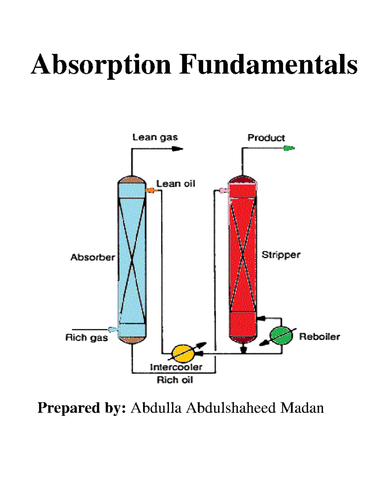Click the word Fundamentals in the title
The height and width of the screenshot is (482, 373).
pyautogui.click(x=269, y=65)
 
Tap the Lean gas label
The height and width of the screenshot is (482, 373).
pyautogui.click(x=155, y=137)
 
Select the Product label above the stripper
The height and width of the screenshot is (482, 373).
pyautogui.click(x=266, y=138)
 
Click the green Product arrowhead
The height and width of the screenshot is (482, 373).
pyautogui.click(x=289, y=148)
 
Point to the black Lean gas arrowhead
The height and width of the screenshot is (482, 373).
pyautogui.click(x=178, y=149)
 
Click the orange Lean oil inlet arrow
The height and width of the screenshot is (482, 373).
pyautogui.click(x=150, y=190)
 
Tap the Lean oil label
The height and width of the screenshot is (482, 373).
pyautogui.click(x=176, y=184)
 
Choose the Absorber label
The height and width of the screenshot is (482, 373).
pyautogui.click(x=93, y=257)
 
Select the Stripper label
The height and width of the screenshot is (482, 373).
pyautogui.click(x=281, y=255)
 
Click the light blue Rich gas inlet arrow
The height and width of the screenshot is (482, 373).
pyautogui.click(x=113, y=329)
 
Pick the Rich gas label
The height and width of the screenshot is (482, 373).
pyautogui.click(x=87, y=338)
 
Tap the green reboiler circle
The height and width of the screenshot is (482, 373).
pyautogui.click(x=281, y=336)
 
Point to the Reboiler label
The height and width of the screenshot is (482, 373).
pyautogui.click(x=320, y=337)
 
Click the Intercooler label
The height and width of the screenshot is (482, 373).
pyautogui.click(x=176, y=367)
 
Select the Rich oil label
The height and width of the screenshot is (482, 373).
pyautogui.click(x=175, y=380)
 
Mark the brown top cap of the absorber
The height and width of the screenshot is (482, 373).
pyautogui.click(x=132, y=180)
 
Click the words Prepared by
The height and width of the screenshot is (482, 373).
pyautogui.click(x=81, y=408)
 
